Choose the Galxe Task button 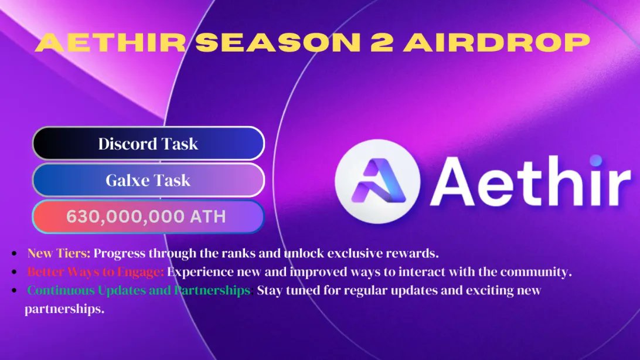pos(148,180)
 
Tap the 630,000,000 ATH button pos(148,216)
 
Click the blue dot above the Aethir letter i pos(595,159)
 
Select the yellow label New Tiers pos(59,254)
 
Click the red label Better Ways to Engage pos(96,272)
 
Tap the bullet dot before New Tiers pos(13,254)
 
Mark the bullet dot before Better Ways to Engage pos(13,273)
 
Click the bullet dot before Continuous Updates pos(13,291)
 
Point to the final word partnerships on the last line pos(64,309)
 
